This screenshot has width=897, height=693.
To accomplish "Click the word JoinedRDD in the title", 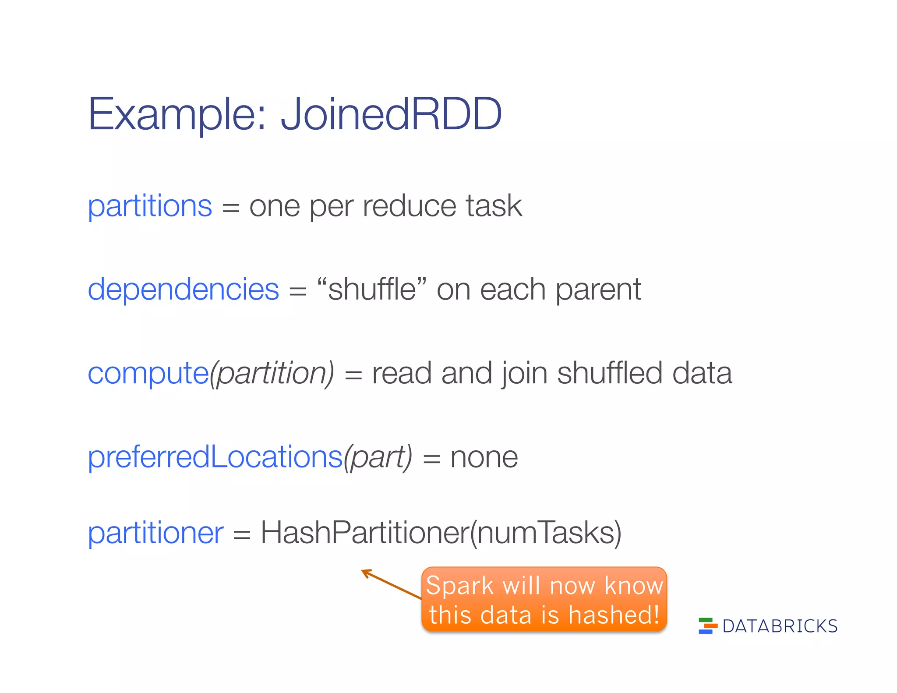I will coord(391,114).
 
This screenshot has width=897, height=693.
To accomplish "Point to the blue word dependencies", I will coord(183,290).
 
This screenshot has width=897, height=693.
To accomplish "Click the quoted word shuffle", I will coord(372,290).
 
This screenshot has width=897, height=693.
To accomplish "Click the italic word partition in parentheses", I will coord(272,374).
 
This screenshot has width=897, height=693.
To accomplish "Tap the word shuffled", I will coord(609,373).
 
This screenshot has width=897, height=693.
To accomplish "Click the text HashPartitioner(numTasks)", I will coord(441,533).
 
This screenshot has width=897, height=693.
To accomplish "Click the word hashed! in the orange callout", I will coord(614,615).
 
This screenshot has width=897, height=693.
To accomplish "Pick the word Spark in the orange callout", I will coord(460,586).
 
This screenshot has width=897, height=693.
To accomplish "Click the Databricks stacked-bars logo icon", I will coord(707,626).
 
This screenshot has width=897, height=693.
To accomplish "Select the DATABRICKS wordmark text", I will coord(780,626).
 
